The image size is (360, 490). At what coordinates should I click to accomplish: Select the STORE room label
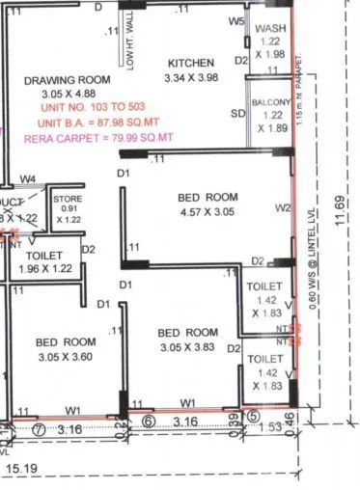tap(68, 198)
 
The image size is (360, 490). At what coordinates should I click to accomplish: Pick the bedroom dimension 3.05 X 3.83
tap(189, 348)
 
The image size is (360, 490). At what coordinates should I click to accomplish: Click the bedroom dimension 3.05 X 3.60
tap(66, 357)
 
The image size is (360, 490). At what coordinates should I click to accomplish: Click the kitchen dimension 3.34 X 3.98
tap(193, 77)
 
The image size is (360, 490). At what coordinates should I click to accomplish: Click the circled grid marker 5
tap(253, 418)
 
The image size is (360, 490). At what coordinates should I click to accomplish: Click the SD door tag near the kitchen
tap(236, 114)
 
